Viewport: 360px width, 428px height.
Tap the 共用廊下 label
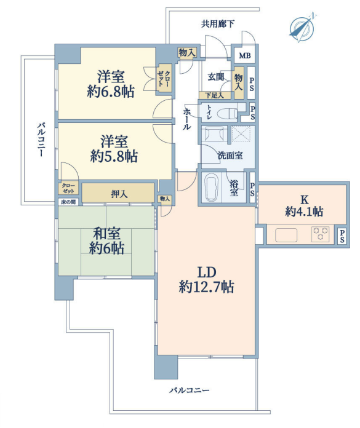(x=218, y=24)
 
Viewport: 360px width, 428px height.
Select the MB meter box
(x=245, y=56)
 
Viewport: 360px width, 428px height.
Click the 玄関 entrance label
(x=216, y=77)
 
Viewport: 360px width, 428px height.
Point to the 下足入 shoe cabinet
(x=215, y=95)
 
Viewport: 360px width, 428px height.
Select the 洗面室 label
(x=230, y=156)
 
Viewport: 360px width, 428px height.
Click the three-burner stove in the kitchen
(x=321, y=234)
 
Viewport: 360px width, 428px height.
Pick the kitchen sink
(x=286, y=235)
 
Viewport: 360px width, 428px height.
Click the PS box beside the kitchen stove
(x=342, y=236)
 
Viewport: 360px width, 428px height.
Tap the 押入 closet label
(x=119, y=194)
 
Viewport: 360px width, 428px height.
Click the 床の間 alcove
(x=68, y=202)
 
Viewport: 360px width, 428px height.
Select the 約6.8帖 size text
(x=111, y=92)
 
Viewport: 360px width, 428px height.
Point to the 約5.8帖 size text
(x=114, y=157)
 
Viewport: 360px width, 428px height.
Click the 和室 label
(x=106, y=234)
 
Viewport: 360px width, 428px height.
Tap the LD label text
(x=207, y=272)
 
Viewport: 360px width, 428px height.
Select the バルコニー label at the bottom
(x=190, y=390)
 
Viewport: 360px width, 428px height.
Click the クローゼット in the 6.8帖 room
(x=164, y=79)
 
